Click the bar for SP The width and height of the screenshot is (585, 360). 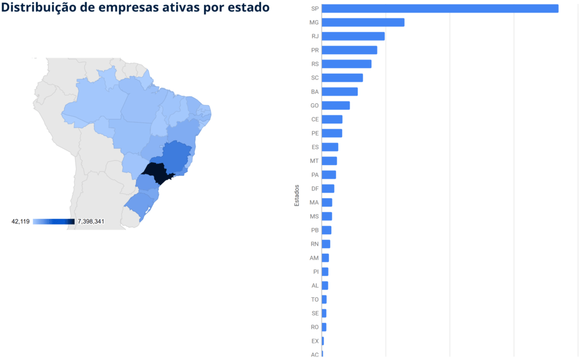point(440,9)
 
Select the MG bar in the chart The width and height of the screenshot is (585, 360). point(363,22)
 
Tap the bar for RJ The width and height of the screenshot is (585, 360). point(353,36)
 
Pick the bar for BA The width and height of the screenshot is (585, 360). point(339,91)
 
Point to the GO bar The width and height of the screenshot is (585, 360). point(335,105)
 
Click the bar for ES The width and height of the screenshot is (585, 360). point(330,147)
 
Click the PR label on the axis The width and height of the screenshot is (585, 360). point(315,50)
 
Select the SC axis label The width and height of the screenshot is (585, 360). point(315,78)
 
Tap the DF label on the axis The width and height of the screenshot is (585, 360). point(315,189)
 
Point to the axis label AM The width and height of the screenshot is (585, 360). point(314,258)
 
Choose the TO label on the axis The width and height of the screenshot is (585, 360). point(315,299)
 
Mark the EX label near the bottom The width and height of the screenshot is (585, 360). point(315,341)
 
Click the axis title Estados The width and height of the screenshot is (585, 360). point(297,195)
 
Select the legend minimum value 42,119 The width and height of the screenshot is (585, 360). point(21,221)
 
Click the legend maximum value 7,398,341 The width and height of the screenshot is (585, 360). point(91,221)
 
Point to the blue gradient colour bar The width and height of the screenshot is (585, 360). point(54,221)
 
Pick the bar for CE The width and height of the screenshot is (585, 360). point(332,119)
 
